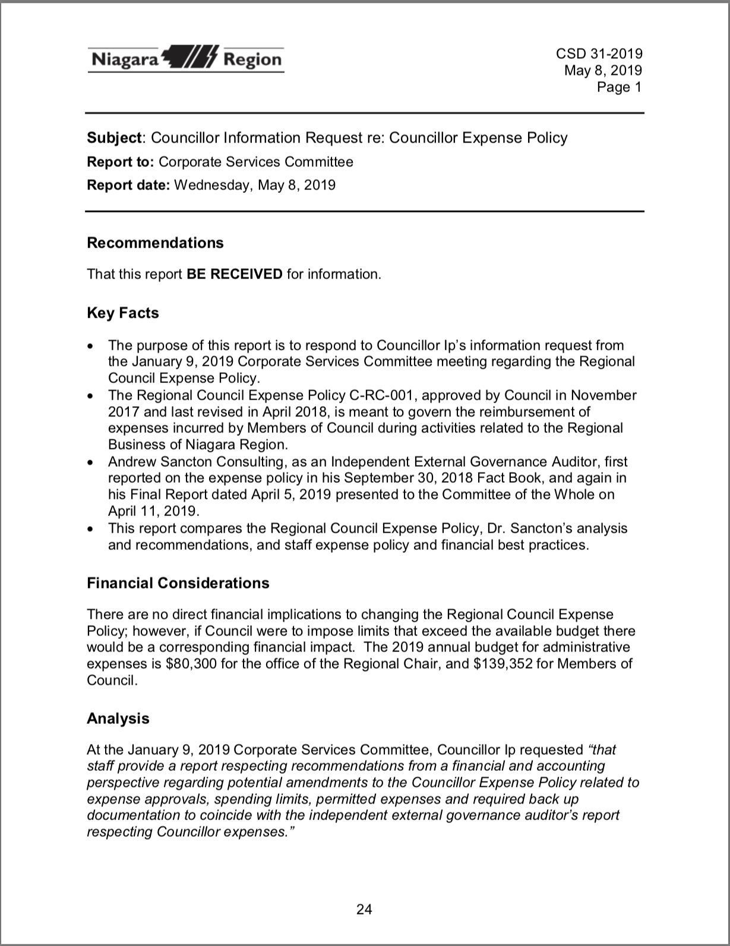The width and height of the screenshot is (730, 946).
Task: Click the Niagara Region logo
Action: (186, 59)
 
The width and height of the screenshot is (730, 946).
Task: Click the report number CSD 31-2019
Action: (599, 54)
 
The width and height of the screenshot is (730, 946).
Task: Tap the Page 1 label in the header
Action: (620, 87)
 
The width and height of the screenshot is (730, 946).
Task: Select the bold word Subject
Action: (114, 138)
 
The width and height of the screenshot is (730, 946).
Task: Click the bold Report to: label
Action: (121, 162)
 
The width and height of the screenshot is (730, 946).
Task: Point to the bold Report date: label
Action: (128, 185)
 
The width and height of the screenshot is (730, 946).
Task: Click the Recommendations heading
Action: (155, 243)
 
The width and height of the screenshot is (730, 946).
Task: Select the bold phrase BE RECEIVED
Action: (234, 274)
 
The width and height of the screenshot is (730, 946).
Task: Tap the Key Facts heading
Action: (123, 313)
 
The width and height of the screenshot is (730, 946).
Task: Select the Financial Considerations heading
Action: (178, 583)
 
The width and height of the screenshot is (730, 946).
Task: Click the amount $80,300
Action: (191, 664)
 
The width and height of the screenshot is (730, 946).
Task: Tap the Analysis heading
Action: (118, 719)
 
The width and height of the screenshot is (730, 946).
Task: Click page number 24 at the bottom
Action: (364, 909)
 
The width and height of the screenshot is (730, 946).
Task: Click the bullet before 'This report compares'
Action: (90, 529)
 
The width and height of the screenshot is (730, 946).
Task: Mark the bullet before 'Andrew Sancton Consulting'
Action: (90, 462)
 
